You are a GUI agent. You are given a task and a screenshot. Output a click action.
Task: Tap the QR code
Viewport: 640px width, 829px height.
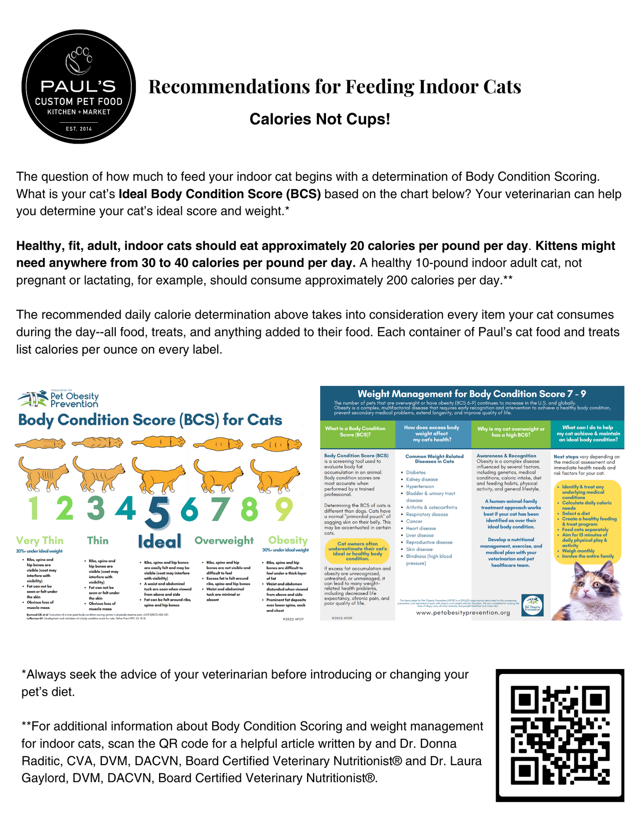click(560, 735)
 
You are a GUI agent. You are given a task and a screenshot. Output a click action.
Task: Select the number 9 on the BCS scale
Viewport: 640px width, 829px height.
click(284, 510)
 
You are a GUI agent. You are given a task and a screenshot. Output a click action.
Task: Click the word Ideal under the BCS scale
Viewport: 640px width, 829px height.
click(159, 541)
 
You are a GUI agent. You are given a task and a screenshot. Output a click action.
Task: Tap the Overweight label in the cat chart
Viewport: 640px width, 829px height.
click(224, 541)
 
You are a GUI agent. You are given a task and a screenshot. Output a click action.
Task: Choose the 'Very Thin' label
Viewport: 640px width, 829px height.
click(40, 541)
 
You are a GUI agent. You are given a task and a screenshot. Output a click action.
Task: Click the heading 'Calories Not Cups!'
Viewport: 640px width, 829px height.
click(320, 119)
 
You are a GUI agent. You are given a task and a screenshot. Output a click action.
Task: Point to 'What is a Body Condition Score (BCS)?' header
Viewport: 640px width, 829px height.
click(355, 432)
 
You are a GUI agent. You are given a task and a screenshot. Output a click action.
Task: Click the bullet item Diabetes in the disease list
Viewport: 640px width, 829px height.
click(415, 473)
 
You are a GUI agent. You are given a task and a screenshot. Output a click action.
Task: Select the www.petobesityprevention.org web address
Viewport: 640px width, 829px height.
click(463, 613)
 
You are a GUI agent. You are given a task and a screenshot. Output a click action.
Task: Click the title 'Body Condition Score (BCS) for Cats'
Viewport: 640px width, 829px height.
click(150, 420)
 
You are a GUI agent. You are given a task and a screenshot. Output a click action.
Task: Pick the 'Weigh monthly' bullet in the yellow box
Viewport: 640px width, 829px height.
click(578, 551)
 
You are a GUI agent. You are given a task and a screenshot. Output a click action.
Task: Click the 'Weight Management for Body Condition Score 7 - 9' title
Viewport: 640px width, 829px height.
click(472, 394)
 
